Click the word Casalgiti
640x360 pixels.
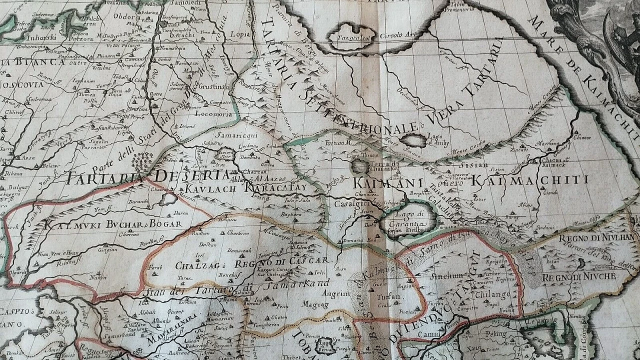point(352,204)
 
